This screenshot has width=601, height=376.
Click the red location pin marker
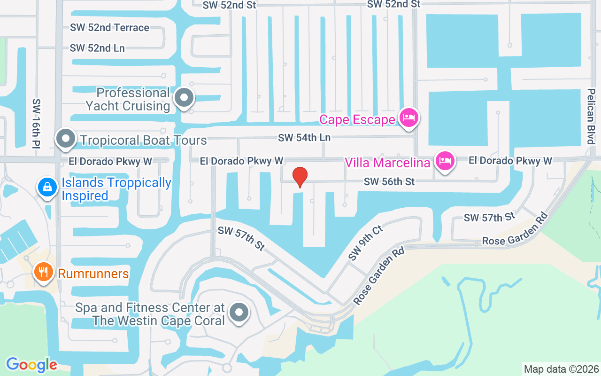(x=300, y=177)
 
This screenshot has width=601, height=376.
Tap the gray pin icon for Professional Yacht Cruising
(x=184, y=98)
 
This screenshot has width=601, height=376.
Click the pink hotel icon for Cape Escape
(x=408, y=117)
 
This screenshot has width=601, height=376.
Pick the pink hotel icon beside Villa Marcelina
(x=444, y=161)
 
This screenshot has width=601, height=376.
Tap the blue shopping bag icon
(x=47, y=187)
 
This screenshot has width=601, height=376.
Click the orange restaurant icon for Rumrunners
(x=43, y=272)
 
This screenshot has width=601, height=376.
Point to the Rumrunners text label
(x=93, y=273)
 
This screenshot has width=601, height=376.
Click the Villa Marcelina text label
(x=387, y=163)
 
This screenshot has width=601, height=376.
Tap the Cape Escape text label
(x=357, y=119)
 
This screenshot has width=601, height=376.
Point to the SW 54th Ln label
(x=304, y=138)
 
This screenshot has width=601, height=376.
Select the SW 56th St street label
(x=389, y=181)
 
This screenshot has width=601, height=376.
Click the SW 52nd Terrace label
(x=109, y=27)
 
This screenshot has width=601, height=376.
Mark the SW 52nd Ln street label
(x=97, y=48)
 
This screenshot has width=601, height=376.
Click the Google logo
(x=31, y=364)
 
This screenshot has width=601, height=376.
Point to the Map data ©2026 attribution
(x=562, y=369)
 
